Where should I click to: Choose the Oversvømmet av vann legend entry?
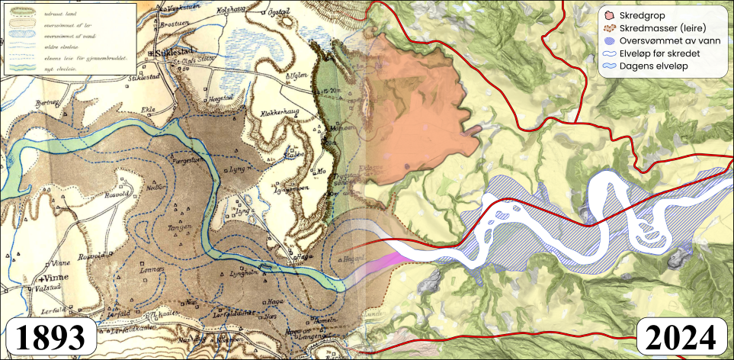pos(662,41)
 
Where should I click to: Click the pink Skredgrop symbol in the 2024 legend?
pos(607,14)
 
